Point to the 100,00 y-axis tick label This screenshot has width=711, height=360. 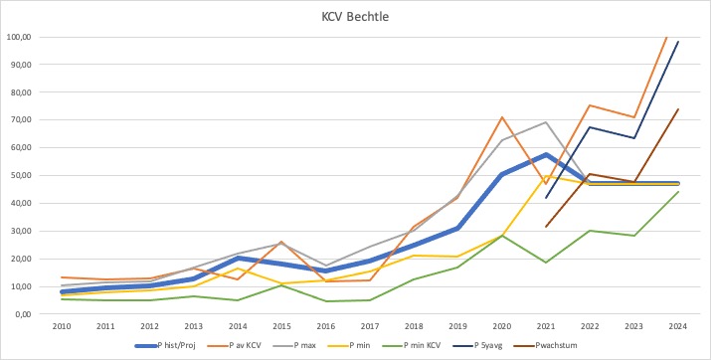tap(19, 37)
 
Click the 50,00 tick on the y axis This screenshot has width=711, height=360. tap(21, 175)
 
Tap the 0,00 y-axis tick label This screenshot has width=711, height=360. tap(23, 314)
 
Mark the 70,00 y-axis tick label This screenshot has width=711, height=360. tap(21, 120)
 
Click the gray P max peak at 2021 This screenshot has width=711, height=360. tap(545, 122)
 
